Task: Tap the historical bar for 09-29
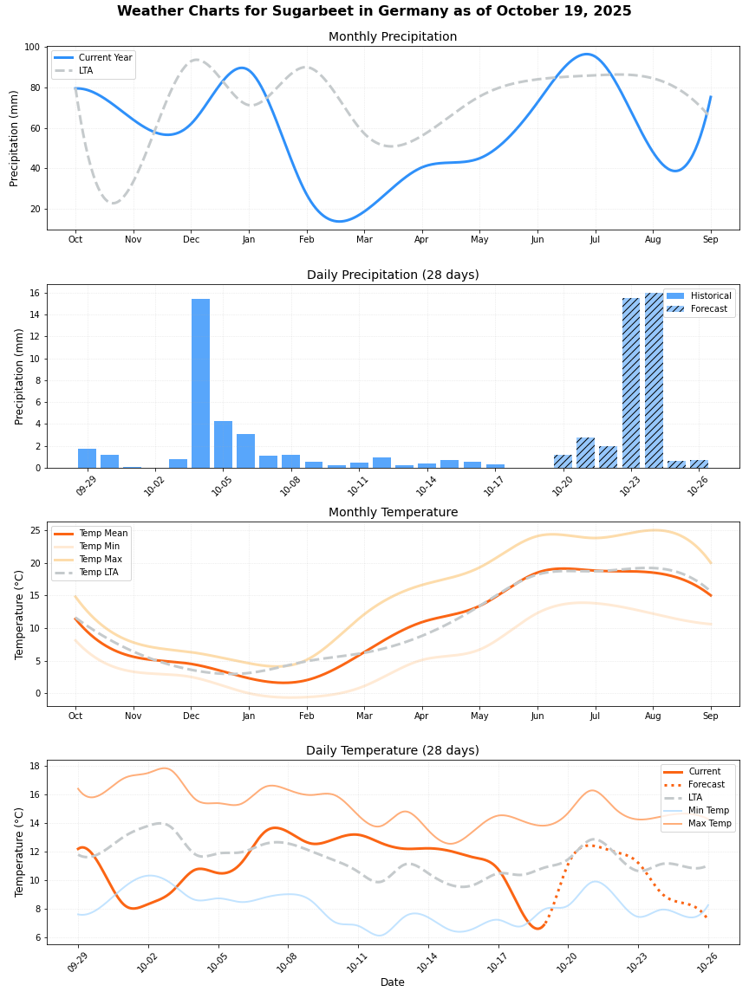87,458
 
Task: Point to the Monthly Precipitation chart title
393,37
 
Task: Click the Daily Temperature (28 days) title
393,751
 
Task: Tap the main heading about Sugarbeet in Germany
374,11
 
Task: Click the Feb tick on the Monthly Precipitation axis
307,239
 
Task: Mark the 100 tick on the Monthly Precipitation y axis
32,47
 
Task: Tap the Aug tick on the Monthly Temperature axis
653,716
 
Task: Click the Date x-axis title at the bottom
393,982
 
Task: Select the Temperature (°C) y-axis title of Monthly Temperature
20,614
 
